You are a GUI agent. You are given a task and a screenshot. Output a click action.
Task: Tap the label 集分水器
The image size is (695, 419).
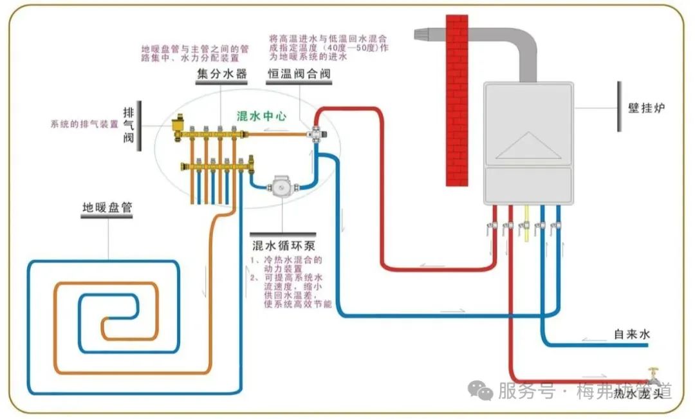(x=222, y=74)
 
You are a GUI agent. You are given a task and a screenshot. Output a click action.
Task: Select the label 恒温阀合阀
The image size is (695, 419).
(x=299, y=74)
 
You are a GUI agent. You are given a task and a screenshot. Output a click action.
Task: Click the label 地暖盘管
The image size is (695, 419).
(x=107, y=208)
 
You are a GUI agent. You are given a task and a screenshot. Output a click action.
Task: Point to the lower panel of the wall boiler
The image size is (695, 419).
(x=528, y=185)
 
